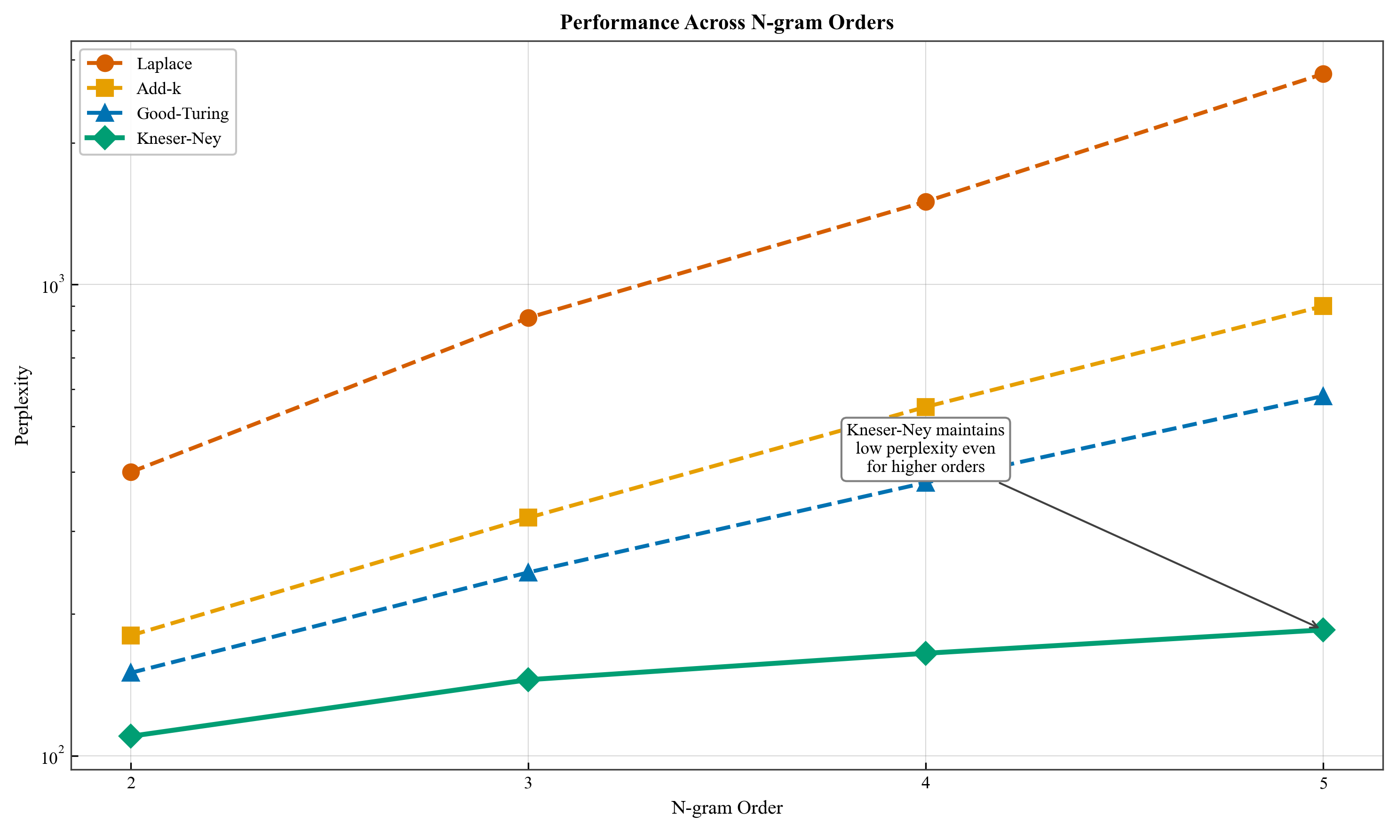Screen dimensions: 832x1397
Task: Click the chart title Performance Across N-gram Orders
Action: pos(727,23)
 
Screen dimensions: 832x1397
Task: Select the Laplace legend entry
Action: pos(164,64)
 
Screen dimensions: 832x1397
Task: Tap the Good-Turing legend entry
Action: pos(183,114)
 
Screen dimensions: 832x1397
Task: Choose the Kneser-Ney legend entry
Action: pos(178,139)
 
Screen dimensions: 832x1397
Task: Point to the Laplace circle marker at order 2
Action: pos(131,472)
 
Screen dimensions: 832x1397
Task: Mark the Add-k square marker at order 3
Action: pos(528,518)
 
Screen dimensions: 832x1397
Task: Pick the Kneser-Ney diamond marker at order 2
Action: pos(131,736)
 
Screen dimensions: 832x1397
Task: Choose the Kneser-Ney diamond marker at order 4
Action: pos(926,653)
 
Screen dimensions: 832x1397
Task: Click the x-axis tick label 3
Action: pos(528,783)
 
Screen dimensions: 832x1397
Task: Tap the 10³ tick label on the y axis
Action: pos(50,286)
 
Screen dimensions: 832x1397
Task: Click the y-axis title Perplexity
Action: pos(23,405)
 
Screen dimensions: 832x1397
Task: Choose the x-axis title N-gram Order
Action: pos(727,808)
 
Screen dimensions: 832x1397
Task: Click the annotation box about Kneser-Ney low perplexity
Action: pos(926,448)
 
